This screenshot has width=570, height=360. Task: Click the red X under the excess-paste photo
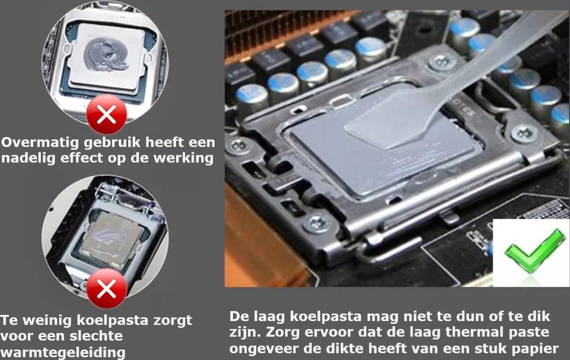[106, 115]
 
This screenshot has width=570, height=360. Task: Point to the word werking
[183, 158]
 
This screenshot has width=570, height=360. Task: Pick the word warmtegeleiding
[63, 352]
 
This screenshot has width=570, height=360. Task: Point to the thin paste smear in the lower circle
[111, 237]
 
